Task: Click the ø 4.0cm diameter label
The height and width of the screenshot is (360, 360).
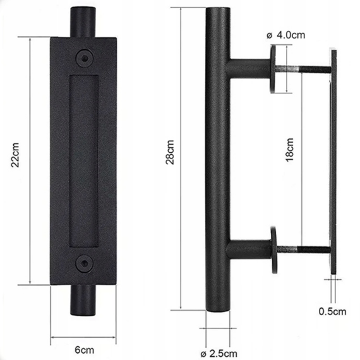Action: point(288,35)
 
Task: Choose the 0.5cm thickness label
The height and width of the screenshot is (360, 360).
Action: point(332,311)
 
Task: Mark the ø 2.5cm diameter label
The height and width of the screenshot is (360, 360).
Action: point(219,352)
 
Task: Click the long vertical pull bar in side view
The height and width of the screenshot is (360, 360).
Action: point(217,158)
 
